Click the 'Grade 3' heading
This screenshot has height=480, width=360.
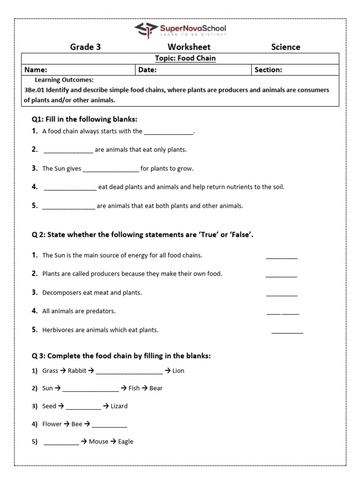[85, 47]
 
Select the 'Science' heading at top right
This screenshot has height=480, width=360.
[285, 47]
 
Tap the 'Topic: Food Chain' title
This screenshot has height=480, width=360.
[179, 59]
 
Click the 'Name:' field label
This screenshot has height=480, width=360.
[36, 70]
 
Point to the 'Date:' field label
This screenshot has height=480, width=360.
[147, 70]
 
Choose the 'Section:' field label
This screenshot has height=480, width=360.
[268, 70]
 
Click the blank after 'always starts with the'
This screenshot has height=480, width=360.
[168, 132]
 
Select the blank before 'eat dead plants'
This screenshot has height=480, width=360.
[70, 187]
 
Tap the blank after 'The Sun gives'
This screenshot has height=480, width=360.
[111, 169]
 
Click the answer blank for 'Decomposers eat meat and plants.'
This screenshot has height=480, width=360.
[282, 294]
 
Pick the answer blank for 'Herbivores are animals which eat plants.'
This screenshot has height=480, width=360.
[287, 331]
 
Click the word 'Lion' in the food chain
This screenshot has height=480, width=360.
[178, 371]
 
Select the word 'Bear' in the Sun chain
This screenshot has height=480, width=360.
[156, 389]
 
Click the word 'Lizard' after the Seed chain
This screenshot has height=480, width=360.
[119, 406]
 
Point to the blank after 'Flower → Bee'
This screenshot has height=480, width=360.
[109, 425]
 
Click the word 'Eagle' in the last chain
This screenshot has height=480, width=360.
[126, 442]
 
